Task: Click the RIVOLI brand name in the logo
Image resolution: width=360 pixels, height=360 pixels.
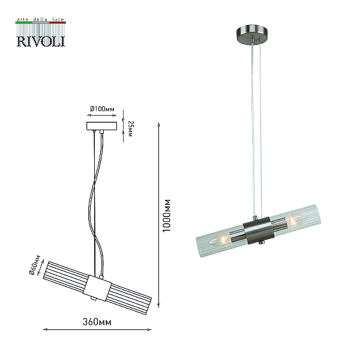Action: click(x=41, y=41)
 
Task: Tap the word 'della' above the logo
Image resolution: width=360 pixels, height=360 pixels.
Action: click(x=40, y=19)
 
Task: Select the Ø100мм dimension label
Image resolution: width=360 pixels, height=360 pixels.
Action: click(x=102, y=109)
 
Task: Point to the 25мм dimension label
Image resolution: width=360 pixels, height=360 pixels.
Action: click(x=130, y=128)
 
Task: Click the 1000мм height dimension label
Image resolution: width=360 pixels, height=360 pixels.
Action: click(x=166, y=215)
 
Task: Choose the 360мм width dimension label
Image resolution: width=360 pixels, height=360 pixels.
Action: click(x=97, y=322)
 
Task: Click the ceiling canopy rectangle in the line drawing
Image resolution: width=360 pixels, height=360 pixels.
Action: click(x=102, y=126)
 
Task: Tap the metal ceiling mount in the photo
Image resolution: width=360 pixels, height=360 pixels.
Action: click(x=253, y=32)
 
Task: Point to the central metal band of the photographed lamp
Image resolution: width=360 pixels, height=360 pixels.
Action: click(x=259, y=230)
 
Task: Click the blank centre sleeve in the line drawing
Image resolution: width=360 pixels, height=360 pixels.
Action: click(x=97, y=288)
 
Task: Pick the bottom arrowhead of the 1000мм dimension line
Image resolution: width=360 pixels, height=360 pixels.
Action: click(x=158, y=305)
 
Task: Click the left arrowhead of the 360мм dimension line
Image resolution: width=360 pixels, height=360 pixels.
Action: click(x=46, y=329)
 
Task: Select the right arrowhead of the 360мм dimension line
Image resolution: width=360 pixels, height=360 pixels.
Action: click(x=149, y=329)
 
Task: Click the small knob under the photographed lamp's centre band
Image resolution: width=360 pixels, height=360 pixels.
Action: click(x=261, y=242)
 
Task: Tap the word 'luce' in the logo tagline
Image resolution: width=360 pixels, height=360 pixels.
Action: click(x=58, y=19)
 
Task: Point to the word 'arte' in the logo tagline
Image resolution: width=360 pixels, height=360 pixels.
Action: click(x=23, y=20)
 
